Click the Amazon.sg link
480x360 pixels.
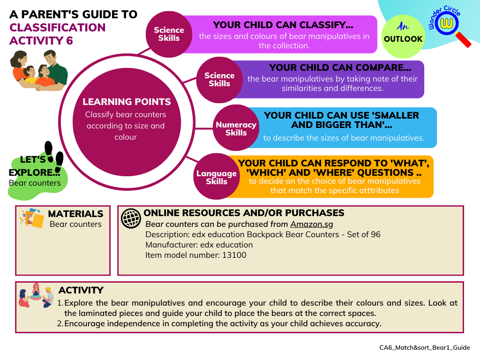point(312,224)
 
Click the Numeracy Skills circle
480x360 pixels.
point(236,128)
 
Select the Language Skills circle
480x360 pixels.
point(216,177)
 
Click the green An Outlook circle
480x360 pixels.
point(403,34)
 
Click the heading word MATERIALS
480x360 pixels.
point(75,214)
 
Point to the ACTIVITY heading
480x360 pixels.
point(81,290)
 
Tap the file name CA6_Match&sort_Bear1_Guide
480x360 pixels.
point(424,347)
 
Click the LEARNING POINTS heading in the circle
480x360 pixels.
point(127,102)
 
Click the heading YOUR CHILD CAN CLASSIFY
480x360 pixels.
point(283,25)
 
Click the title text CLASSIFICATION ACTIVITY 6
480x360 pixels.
point(57,34)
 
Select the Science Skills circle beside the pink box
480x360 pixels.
point(169,34)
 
